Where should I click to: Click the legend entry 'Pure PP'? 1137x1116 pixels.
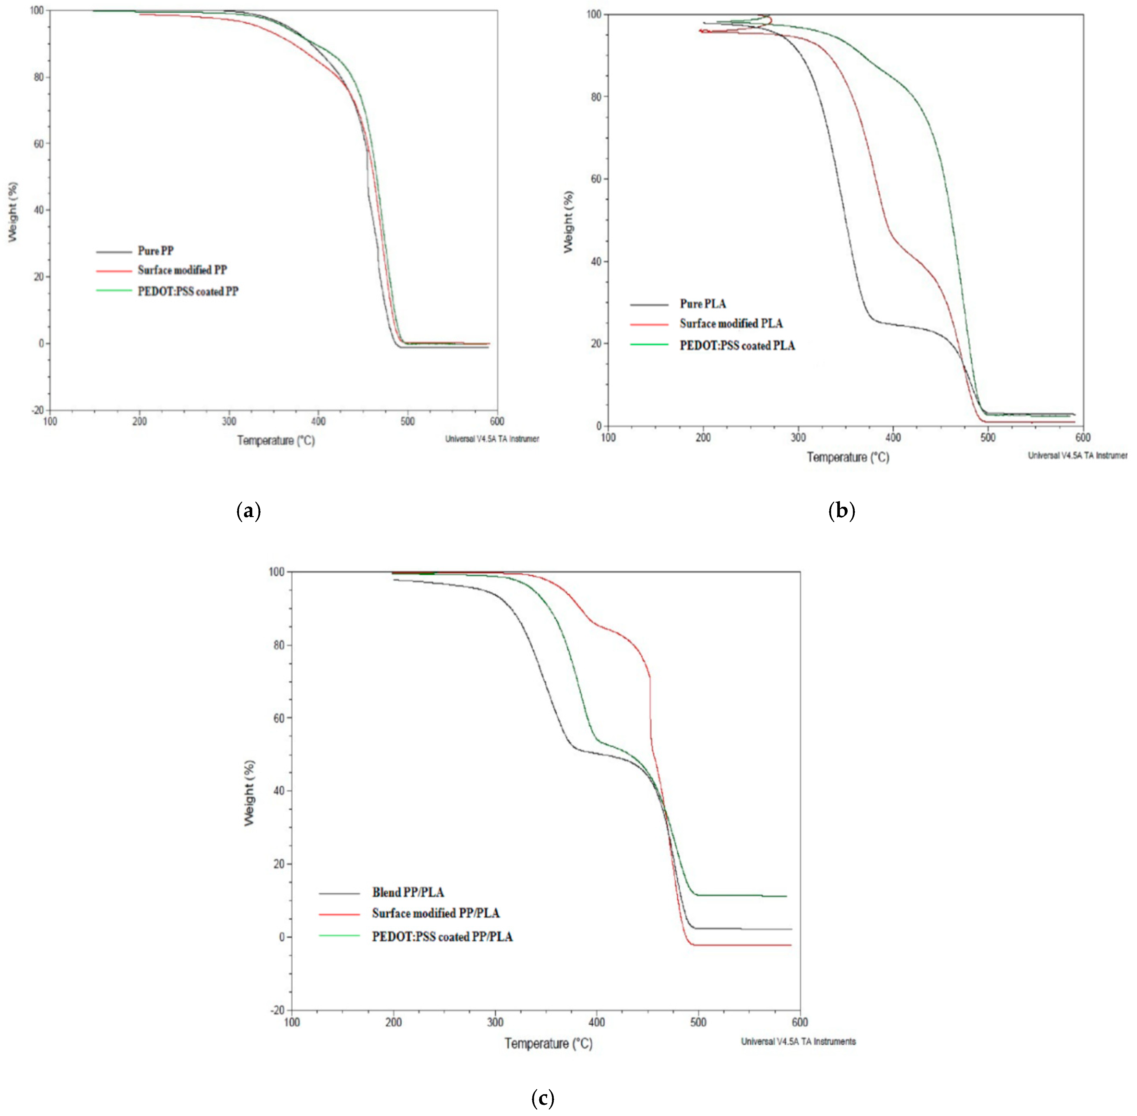[155, 251]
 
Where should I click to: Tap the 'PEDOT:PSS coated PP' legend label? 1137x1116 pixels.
[188, 291]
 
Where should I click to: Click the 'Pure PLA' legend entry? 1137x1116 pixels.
[703, 304]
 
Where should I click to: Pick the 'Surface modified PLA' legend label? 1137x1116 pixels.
[731, 323]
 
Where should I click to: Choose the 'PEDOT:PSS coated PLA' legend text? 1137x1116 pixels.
[737, 346]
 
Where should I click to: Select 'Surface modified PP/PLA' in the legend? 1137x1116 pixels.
[436, 913]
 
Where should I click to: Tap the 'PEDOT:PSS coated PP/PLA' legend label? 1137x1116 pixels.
[442, 937]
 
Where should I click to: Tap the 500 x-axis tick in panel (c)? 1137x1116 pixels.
[698, 1022]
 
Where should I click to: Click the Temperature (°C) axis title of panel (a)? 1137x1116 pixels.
[276, 440]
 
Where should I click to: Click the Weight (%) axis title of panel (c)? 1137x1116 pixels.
[250, 793]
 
